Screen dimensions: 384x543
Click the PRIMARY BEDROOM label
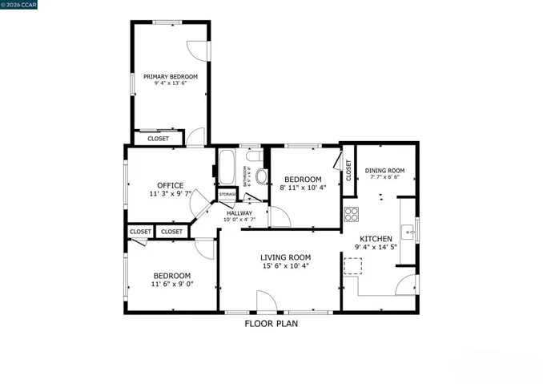[x=170, y=77]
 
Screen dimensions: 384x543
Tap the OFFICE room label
[x=170, y=185]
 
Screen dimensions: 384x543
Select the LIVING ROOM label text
[x=284, y=257]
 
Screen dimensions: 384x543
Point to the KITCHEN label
[x=375, y=239]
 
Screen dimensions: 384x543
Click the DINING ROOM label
[x=384, y=170]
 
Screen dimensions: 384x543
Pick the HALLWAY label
[x=239, y=213]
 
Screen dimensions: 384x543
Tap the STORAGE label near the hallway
[x=227, y=195]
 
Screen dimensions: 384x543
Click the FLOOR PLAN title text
[x=271, y=324]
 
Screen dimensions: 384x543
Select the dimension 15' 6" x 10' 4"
[x=284, y=266]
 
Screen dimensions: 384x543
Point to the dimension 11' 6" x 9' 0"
[x=172, y=283]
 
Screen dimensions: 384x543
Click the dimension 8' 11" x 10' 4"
[x=304, y=188]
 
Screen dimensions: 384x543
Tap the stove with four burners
[x=351, y=214]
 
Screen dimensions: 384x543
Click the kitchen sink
[x=408, y=232]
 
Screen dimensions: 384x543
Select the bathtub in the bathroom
[x=227, y=168]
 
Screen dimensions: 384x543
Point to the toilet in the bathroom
[x=260, y=176]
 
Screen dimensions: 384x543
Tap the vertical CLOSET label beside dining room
[x=348, y=169]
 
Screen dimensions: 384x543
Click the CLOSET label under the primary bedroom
[x=158, y=139]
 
